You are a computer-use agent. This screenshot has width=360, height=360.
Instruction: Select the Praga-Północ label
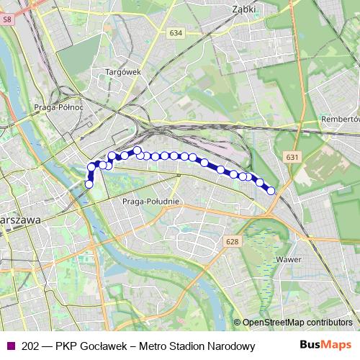pyautogui.click(x=59, y=107)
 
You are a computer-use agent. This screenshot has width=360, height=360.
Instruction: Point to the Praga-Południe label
pyautogui.click(x=150, y=201)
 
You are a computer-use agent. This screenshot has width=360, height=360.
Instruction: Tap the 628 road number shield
pyautogui.click(x=230, y=241)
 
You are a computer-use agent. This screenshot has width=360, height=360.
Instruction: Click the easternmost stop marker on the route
pyautogui.click(x=271, y=190)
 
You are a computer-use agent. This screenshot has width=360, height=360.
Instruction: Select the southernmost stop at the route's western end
pyautogui.click(x=89, y=184)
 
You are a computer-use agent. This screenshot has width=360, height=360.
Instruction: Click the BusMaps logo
pyautogui.click(x=326, y=346)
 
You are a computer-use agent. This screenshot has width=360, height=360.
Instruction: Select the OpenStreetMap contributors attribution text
pyautogui.click(x=297, y=322)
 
